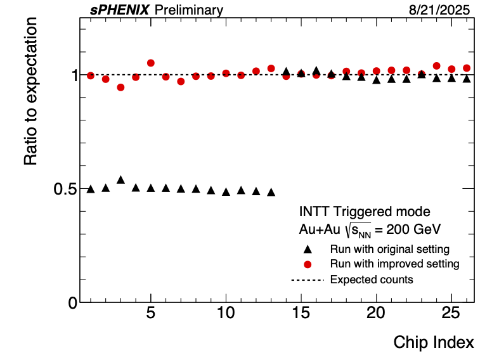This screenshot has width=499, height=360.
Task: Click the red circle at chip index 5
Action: tap(151, 63)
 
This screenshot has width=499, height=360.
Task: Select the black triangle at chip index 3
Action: tap(120, 180)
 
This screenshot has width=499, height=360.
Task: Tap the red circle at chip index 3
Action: tap(120, 87)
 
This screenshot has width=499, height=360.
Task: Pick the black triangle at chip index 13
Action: tap(271, 192)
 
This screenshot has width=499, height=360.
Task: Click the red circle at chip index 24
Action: tap(437, 66)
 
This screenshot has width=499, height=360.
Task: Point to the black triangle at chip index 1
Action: tap(91, 189)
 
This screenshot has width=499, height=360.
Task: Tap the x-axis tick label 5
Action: tap(151, 314)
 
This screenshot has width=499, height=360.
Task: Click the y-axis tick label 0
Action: tap(73, 302)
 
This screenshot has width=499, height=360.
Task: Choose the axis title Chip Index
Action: tap(434, 342)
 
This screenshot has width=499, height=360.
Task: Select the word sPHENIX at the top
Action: tap(119, 10)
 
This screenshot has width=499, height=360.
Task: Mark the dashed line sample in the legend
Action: tap(308, 280)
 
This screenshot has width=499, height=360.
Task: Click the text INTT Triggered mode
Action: tap(365, 212)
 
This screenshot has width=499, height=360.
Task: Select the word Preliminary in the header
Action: tap(189, 10)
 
